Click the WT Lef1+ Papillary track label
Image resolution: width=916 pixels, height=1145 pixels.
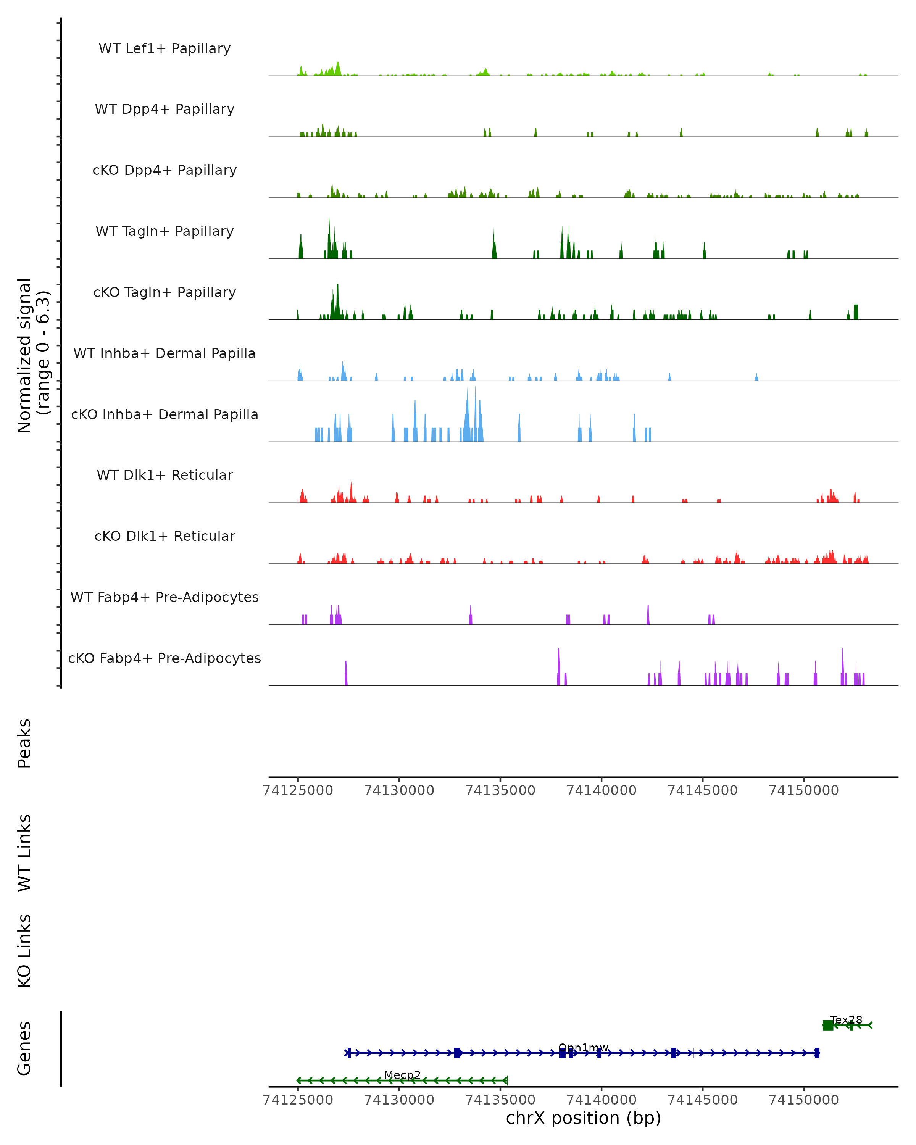pos(164,48)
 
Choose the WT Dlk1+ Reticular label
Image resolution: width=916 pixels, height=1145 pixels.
pos(164,475)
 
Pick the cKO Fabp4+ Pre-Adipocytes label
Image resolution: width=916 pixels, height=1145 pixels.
pos(164,658)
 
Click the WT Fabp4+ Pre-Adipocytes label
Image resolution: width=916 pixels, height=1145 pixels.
pos(164,597)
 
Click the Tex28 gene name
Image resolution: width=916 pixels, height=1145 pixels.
pos(846,1020)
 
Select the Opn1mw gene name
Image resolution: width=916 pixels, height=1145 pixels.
pos(583,1048)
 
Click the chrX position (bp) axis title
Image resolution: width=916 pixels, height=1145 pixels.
pos(583,1118)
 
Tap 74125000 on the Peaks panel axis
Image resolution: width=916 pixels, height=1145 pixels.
pos(298,790)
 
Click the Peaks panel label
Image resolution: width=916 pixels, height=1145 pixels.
pos(24,743)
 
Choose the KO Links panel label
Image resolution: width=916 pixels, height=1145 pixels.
pos(24,951)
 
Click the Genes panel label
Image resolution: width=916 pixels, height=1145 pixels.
pos(24,1048)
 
